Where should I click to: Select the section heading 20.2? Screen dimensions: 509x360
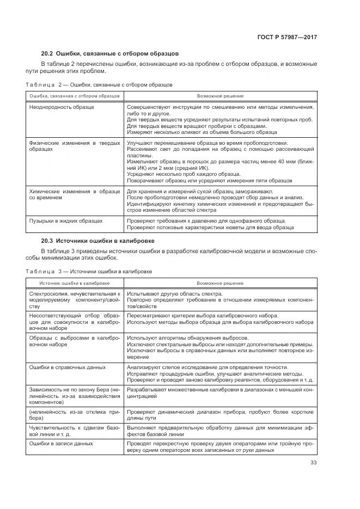[x=109, y=54]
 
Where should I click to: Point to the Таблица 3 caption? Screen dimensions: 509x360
[x=89, y=271]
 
